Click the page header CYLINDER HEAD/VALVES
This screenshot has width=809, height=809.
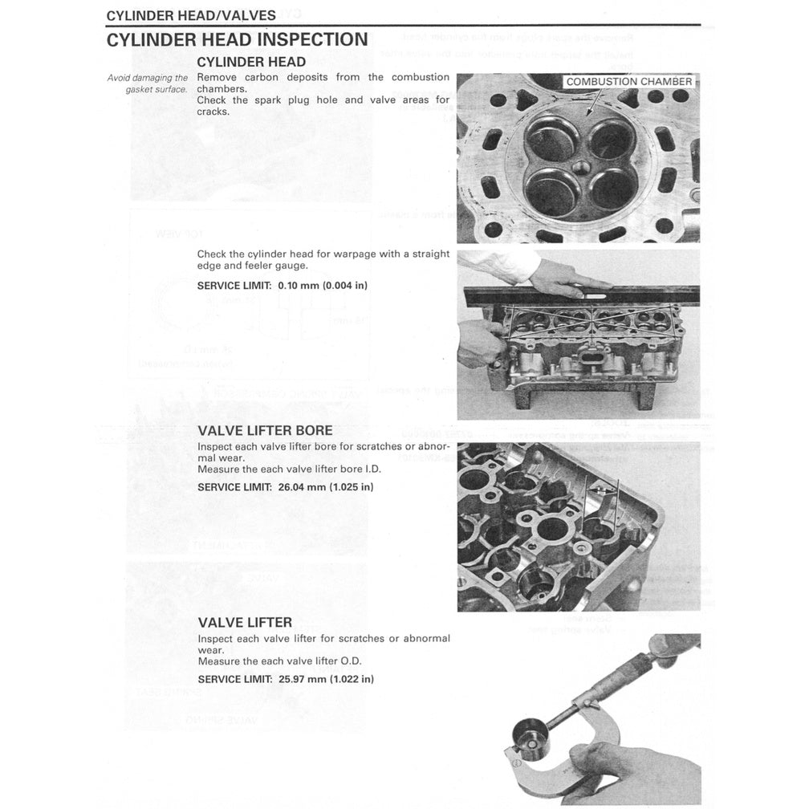point(191,15)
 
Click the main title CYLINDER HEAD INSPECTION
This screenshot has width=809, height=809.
point(238,40)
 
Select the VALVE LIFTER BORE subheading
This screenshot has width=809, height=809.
point(265,430)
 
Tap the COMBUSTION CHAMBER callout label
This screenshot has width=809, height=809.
point(629,82)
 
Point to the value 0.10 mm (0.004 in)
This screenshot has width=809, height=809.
point(323,286)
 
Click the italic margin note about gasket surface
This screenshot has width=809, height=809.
point(148,83)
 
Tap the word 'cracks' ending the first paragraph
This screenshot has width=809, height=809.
point(213,112)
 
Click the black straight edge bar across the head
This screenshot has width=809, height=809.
point(578,295)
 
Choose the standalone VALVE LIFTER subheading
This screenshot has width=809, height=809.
point(245,622)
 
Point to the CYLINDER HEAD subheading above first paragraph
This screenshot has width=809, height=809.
point(251,62)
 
